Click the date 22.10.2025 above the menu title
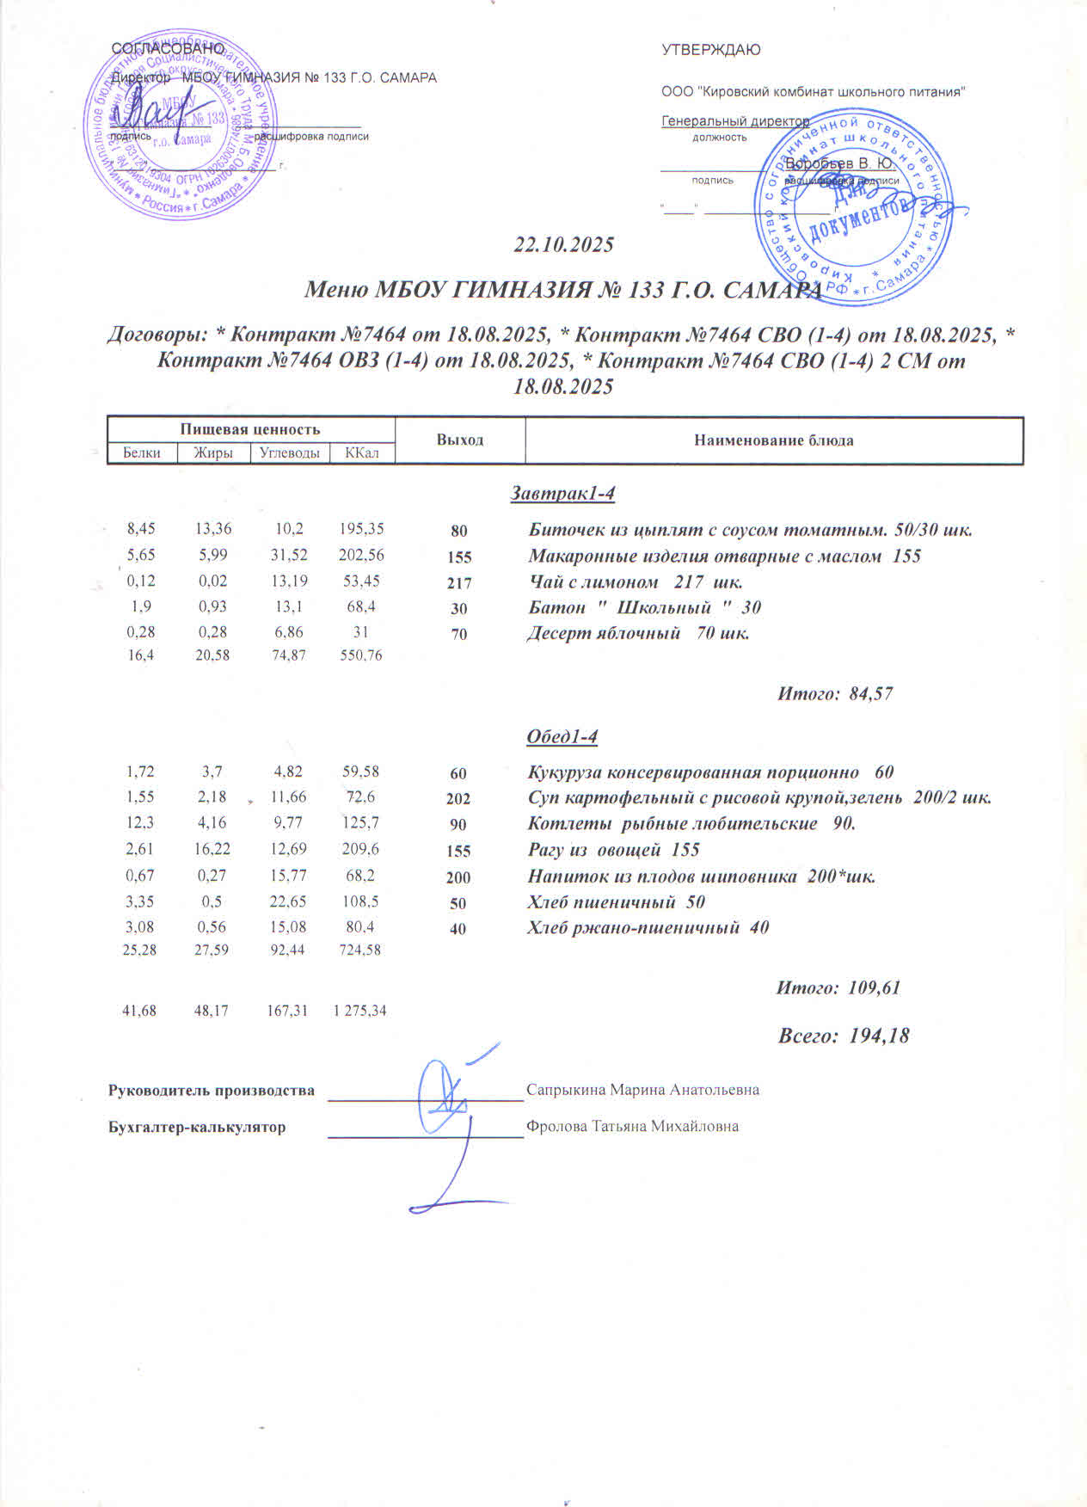click(563, 245)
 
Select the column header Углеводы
click(289, 453)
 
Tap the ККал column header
click(361, 453)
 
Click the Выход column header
click(460, 440)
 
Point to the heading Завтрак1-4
click(563, 494)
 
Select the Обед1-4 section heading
click(562, 737)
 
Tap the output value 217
click(459, 582)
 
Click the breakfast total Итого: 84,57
click(835, 693)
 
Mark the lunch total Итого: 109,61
click(838, 987)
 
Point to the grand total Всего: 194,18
click(843, 1036)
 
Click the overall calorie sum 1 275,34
click(359, 1011)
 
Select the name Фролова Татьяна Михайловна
click(632, 1126)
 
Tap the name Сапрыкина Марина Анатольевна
click(642, 1090)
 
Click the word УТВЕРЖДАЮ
click(710, 50)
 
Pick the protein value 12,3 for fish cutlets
click(140, 823)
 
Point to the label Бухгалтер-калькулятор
click(197, 1127)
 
